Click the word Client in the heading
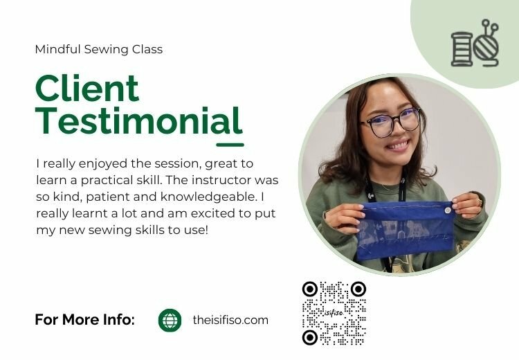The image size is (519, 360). click(87, 89)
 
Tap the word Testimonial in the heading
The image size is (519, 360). click(138, 120)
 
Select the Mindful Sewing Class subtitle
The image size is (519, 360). click(99, 49)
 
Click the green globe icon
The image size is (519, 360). click(170, 321)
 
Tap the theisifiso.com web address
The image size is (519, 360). click(230, 321)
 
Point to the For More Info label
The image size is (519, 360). click(84, 320)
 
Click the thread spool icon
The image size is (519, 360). click(462, 49)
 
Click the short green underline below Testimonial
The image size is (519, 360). click(230, 145)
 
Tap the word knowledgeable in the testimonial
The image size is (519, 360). click(208, 197)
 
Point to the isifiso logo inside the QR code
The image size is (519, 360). click(334, 312)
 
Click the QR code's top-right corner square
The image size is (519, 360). click(358, 289)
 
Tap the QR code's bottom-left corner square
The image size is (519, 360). click(310, 337)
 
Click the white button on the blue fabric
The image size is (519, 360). click(448, 210)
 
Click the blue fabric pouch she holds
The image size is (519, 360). click(406, 230)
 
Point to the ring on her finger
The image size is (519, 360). click(479, 201)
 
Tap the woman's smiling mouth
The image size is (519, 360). click(399, 145)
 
